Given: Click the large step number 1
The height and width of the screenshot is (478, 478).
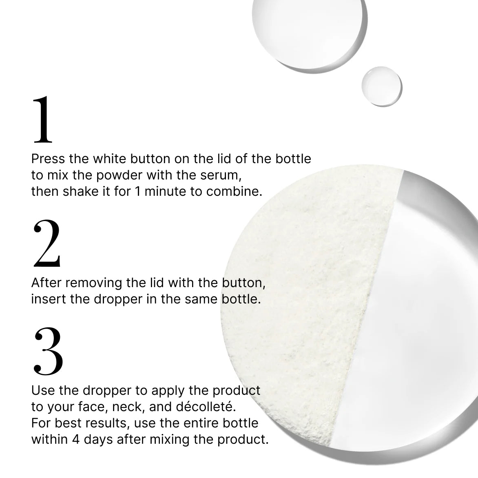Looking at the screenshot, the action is [x=43, y=119].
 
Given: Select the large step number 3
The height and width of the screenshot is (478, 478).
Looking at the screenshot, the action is [x=48, y=351].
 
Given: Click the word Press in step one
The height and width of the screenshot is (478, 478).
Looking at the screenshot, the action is [x=48, y=159].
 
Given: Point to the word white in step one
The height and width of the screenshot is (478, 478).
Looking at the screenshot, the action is [x=110, y=159].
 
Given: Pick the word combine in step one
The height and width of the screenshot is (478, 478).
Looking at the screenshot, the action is [x=234, y=191].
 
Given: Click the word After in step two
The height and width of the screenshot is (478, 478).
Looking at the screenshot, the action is [x=46, y=283].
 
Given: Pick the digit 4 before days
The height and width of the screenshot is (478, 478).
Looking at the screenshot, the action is [x=76, y=440].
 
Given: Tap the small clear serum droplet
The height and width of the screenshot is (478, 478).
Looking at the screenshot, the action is [x=382, y=86].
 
